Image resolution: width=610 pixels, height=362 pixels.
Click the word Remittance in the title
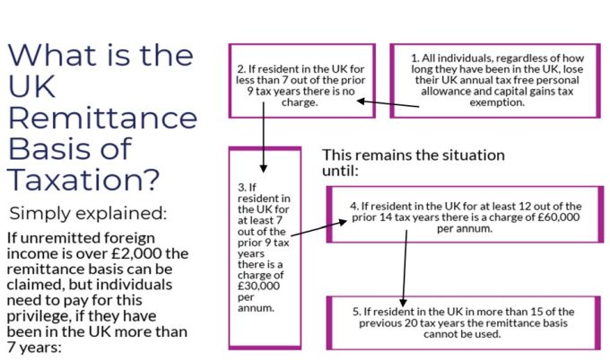pos(102,117)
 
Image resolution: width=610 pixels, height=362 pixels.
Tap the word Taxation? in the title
pos(83,180)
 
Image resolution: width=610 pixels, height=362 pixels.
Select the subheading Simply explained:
pos(88,213)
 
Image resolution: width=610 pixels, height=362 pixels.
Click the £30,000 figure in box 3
pos(258,286)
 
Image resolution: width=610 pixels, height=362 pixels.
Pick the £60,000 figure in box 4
pos(559,217)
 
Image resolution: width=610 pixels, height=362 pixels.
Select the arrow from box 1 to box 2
pos(388,103)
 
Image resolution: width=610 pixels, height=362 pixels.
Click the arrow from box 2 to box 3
pos(264,137)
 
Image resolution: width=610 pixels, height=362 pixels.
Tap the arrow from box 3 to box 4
pos(318,228)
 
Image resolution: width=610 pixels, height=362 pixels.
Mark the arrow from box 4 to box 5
pos(405,269)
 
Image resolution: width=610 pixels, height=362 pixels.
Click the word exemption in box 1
pos(497,102)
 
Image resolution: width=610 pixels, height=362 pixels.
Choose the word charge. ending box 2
pos(300,102)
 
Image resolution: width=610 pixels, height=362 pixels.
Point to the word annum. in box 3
pos(256,308)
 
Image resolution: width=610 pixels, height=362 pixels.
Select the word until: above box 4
pos(340,171)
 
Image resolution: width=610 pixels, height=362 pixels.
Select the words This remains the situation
pos(414,155)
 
